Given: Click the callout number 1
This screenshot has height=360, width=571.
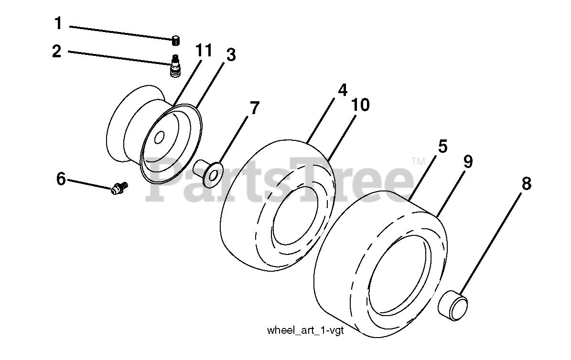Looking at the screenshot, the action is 58,22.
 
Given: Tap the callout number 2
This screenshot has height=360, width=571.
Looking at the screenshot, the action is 57,51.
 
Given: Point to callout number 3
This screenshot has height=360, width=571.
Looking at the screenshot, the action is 231,56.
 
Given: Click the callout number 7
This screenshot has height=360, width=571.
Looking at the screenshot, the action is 254,108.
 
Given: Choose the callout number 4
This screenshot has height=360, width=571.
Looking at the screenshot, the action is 342,90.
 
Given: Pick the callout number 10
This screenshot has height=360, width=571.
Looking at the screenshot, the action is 361,105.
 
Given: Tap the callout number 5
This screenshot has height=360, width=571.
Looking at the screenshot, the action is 442,146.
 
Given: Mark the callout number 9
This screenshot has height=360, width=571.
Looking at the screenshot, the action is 467,162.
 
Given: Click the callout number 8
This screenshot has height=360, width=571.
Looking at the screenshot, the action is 526,184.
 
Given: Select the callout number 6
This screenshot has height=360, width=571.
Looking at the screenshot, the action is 61,179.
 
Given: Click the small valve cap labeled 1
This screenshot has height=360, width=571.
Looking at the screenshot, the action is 176,40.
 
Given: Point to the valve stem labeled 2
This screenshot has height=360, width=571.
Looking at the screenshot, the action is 175,66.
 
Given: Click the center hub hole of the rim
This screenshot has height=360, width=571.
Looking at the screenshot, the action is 159,137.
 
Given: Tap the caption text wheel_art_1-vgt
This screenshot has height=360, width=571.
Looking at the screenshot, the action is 305,330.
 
